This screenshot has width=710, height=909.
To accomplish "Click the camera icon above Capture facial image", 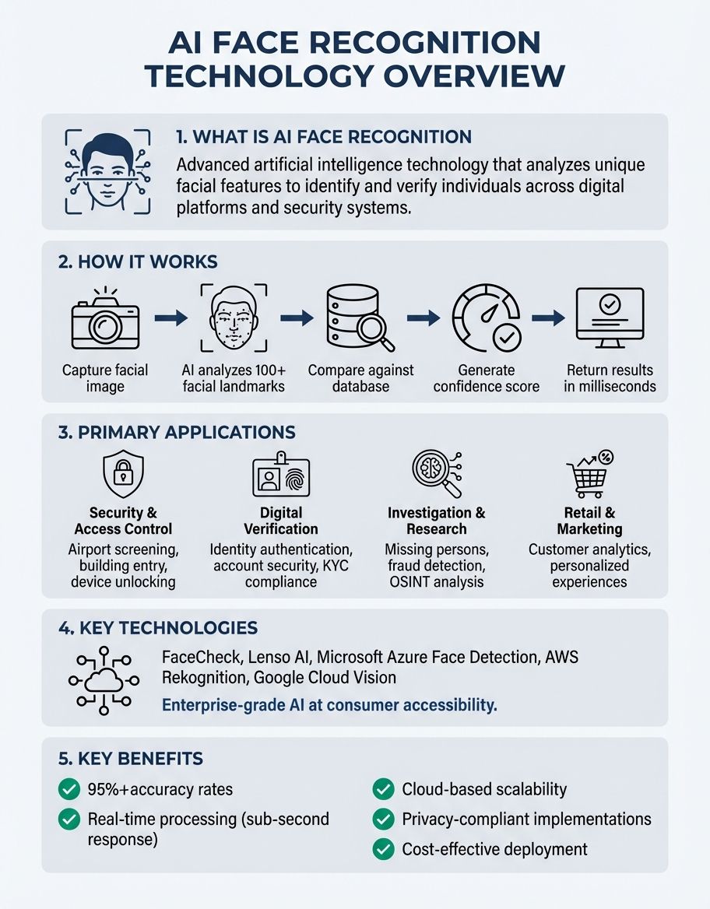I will [x=104, y=321].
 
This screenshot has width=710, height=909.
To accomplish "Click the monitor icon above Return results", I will [x=610, y=318].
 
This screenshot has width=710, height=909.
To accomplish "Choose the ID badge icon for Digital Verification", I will [x=280, y=476].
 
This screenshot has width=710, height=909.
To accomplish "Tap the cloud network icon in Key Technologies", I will [x=104, y=679].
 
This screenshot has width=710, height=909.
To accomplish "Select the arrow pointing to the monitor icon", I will [x=547, y=318].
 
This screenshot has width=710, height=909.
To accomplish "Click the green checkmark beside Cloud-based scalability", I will [x=382, y=789].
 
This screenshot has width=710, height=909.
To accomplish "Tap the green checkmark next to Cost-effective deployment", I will [x=382, y=849].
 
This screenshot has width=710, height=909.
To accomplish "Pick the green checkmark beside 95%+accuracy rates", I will [x=69, y=789].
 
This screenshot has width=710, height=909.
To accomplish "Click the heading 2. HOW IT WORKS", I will [x=138, y=261].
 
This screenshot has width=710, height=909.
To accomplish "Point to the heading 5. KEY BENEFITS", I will [x=132, y=759].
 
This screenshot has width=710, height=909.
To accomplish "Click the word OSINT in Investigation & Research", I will [x=409, y=581].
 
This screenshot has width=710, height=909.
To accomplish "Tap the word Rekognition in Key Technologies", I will [x=204, y=678].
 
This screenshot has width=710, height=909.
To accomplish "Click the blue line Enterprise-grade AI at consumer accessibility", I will [x=329, y=706].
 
